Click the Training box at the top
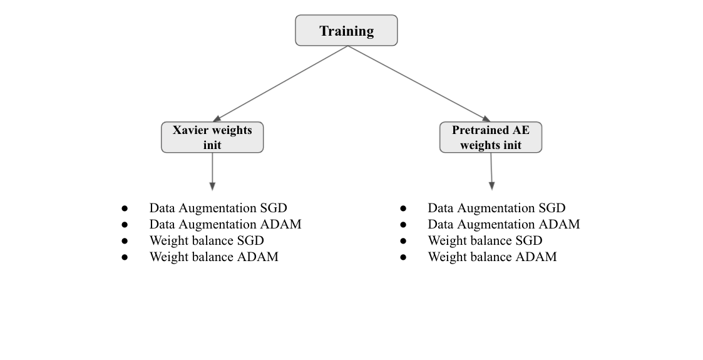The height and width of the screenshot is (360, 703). [346, 31]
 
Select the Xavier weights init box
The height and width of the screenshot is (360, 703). [212, 137]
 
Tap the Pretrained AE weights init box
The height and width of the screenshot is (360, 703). [491, 137]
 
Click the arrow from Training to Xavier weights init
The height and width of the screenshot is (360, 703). [280, 83]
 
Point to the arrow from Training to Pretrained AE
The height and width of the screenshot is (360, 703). [419, 83]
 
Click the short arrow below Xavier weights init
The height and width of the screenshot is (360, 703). [212, 172]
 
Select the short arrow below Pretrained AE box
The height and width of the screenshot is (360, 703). [491, 172]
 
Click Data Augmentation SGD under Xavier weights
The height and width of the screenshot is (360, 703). [218, 208]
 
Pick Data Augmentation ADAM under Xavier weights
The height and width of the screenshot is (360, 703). [225, 224]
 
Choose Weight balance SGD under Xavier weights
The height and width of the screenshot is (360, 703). [207, 240]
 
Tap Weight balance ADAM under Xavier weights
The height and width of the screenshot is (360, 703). [214, 257]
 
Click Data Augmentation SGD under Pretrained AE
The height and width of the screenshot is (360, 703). [496, 208]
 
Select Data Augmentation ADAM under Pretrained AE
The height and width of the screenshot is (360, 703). [503, 224]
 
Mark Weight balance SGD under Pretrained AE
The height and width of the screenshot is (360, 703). [485, 240]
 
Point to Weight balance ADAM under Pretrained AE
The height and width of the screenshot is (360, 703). [492, 257]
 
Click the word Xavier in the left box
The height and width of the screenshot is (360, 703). [191, 130]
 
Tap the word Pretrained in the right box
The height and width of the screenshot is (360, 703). [480, 130]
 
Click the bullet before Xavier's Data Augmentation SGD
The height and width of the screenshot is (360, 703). [125, 208]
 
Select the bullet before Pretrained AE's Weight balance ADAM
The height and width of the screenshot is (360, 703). [403, 257]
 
